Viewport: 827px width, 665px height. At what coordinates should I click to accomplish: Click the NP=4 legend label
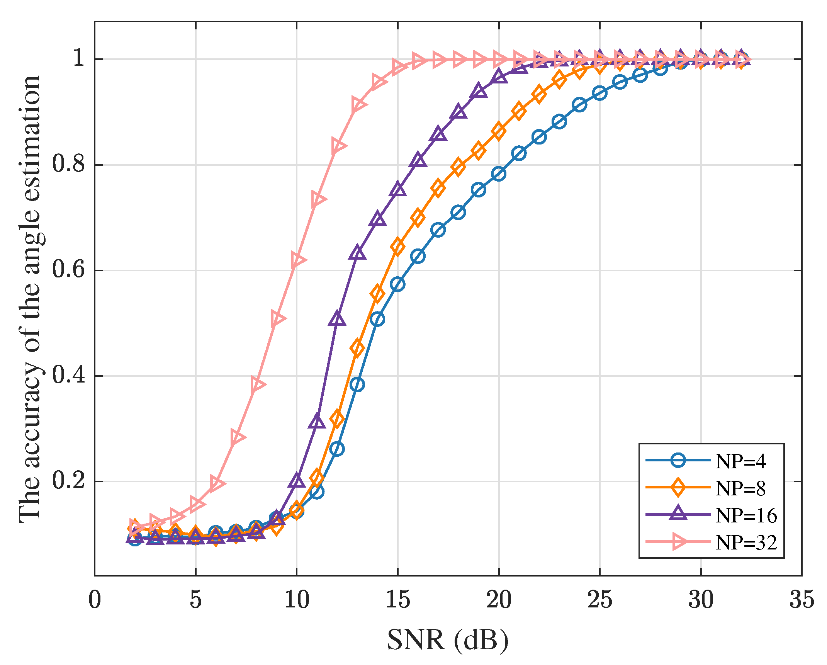point(740,461)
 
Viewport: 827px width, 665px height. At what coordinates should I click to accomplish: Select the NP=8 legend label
point(740,488)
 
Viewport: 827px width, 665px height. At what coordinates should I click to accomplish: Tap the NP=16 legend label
point(746,515)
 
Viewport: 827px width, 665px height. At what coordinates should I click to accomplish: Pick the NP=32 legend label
point(746,543)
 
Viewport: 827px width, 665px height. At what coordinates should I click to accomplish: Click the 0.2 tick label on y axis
point(68,481)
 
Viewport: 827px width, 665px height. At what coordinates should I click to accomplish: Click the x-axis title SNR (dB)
point(448,640)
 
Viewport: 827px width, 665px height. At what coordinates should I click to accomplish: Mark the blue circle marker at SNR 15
point(397,284)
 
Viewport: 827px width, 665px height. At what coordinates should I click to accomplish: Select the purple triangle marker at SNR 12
point(337,319)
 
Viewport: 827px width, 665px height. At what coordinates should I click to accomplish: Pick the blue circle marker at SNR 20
point(499,174)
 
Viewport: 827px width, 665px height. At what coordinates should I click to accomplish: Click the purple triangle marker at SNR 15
point(398,189)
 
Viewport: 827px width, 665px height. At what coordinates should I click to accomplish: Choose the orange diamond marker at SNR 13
point(357,348)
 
